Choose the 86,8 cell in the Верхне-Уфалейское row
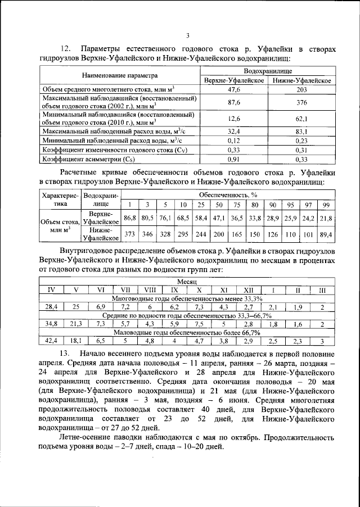coord(130,218)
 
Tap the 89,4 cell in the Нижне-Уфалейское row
coord(326,234)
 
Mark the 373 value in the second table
coord(130,234)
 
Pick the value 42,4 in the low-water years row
coord(51,341)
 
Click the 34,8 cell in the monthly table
coord(51,324)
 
